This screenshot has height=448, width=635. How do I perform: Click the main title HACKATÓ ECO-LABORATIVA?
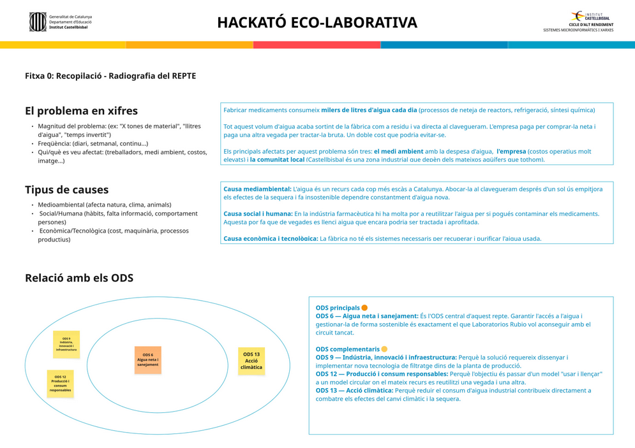317,23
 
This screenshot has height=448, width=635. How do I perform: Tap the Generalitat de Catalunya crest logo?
38,22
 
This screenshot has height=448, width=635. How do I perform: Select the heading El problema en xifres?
81,111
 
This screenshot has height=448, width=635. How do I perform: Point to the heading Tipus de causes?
66,190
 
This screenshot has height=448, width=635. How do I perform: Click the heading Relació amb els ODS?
78,278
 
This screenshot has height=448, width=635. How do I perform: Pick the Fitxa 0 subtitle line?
110,76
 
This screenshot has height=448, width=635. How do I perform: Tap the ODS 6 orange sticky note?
147,360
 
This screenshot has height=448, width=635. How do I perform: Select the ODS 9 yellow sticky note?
66,344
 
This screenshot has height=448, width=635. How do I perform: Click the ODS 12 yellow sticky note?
60,383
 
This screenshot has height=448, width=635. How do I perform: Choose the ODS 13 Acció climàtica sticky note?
251,361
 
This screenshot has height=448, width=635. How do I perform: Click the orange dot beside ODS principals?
364,308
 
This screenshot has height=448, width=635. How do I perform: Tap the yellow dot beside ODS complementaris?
384,349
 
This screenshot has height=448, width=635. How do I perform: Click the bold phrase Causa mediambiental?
257,189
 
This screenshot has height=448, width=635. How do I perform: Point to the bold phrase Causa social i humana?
258,214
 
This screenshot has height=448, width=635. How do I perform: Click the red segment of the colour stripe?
317,45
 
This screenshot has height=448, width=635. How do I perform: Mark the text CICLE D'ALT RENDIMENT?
591,25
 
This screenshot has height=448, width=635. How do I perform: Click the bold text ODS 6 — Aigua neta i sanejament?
367,316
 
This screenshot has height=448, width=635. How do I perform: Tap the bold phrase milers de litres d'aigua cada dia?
369,110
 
